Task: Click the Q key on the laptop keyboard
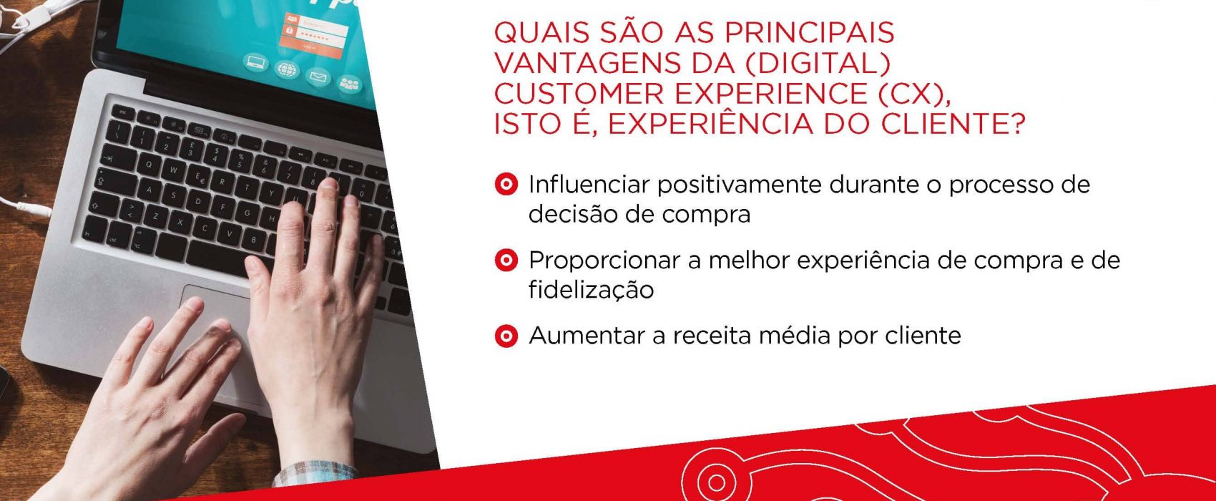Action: pos(148,165)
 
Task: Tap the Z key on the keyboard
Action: pos(155,216)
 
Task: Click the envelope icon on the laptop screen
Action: pos(318,77)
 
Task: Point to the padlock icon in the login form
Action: pos(290,31)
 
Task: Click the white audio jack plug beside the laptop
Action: pos(33,208)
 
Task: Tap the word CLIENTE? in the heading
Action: pos(953,124)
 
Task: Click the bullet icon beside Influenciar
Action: pos(506,185)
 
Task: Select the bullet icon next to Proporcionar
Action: pos(506,261)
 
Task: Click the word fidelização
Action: pos(591,290)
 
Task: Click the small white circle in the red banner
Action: pos(716,483)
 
